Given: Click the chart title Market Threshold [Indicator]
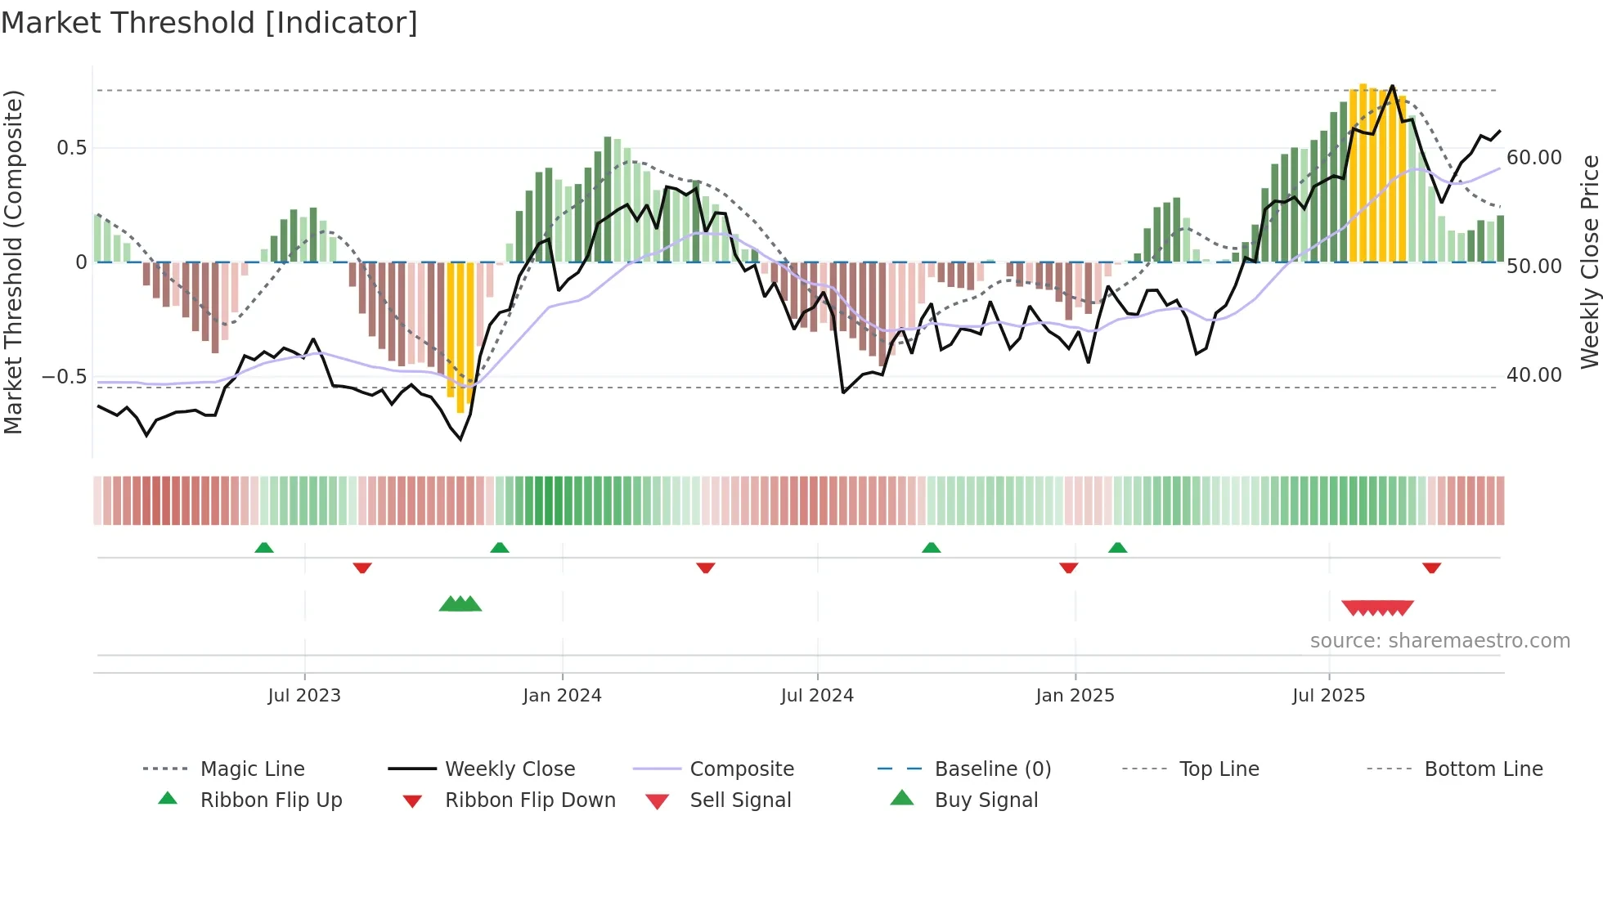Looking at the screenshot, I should (x=209, y=23).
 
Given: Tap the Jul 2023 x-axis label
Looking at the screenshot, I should (x=303, y=696).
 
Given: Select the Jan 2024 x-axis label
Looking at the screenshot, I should (x=562, y=696).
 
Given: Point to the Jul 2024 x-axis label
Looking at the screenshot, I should (x=817, y=696).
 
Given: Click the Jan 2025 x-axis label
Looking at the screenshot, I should (x=1075, y=696).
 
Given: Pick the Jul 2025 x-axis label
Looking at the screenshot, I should (x=1328, y=696).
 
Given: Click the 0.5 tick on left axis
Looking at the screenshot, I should (x=71, y=148).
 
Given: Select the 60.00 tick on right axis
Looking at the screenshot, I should (x=1533, y=158).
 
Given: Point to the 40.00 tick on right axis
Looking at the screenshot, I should (x=1533, y=375).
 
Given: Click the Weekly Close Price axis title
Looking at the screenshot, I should (x=1589, y=262).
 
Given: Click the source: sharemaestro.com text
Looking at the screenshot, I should (x=1439, y=641).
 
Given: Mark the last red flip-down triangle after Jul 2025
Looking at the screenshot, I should (x=1431, y=567).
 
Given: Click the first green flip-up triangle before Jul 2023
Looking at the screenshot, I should (x=263, y=548).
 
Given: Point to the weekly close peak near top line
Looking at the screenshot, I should (x=1392, y=86).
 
